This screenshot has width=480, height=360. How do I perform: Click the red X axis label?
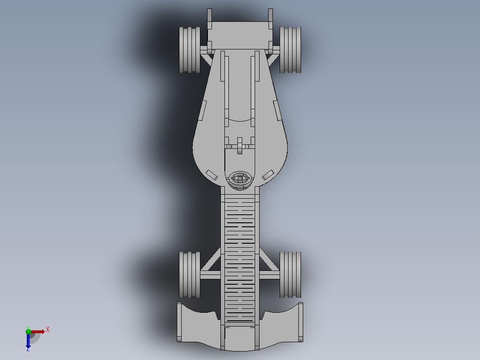tap(48, 330)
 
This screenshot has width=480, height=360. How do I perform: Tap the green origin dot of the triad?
tap(28, 331)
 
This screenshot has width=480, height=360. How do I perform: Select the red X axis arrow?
tap(38, 331)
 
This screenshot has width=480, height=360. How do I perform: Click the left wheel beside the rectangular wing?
tap(190, 49)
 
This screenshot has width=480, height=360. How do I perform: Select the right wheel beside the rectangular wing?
tap(290, 49)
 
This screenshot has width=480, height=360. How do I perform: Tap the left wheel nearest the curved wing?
tap(190, 274)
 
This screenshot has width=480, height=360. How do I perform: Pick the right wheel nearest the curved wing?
tap(290, 274)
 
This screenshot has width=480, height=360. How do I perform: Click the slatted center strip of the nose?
tap(240, 258)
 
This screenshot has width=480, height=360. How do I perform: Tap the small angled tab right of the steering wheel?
tap(268, 174)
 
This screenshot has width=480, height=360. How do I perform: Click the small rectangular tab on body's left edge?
tap(203, 110)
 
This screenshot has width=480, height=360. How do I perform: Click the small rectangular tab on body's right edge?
tap(277, 110)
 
